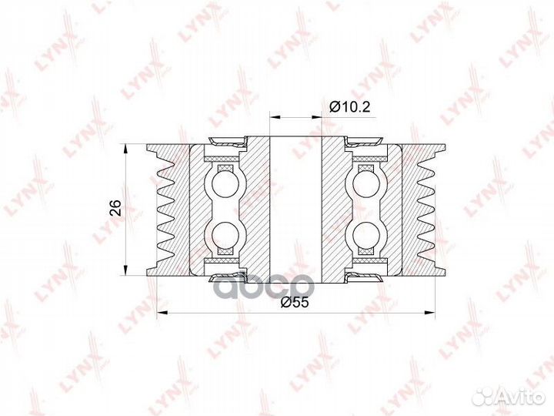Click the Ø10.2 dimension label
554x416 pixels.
[350, 106]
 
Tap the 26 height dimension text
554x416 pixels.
[115, 208]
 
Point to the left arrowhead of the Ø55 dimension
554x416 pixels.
[161, 312]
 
